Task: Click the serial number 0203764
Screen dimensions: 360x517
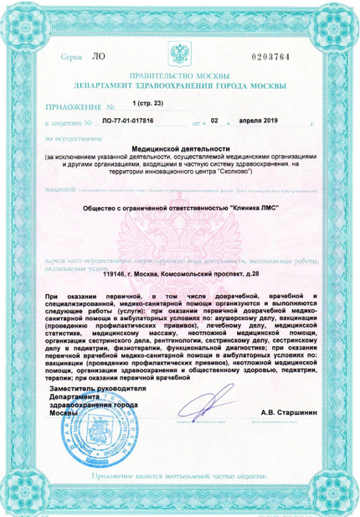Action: (x=270, y=56)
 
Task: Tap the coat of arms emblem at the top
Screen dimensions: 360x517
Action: (x=180, y=57)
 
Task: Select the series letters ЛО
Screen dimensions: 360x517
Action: (x=98, y=56)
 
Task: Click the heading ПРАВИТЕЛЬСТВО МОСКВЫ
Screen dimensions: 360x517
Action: (x=180, y=75)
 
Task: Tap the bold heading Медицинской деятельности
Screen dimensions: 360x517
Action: (x=180, y=147)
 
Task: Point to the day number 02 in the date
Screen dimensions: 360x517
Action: (x=213, y=121)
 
